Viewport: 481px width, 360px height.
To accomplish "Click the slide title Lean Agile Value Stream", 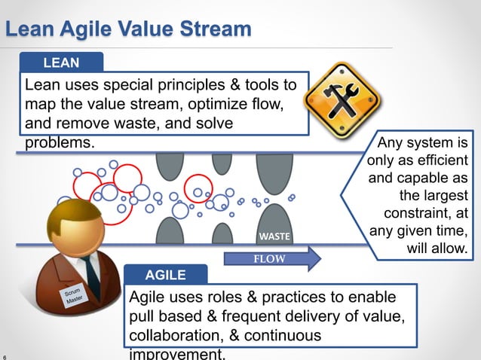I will tap(128, 29).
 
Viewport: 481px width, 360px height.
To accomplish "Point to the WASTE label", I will tap(274, 236).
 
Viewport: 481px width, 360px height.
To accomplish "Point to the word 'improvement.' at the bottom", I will tap(177, 354).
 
